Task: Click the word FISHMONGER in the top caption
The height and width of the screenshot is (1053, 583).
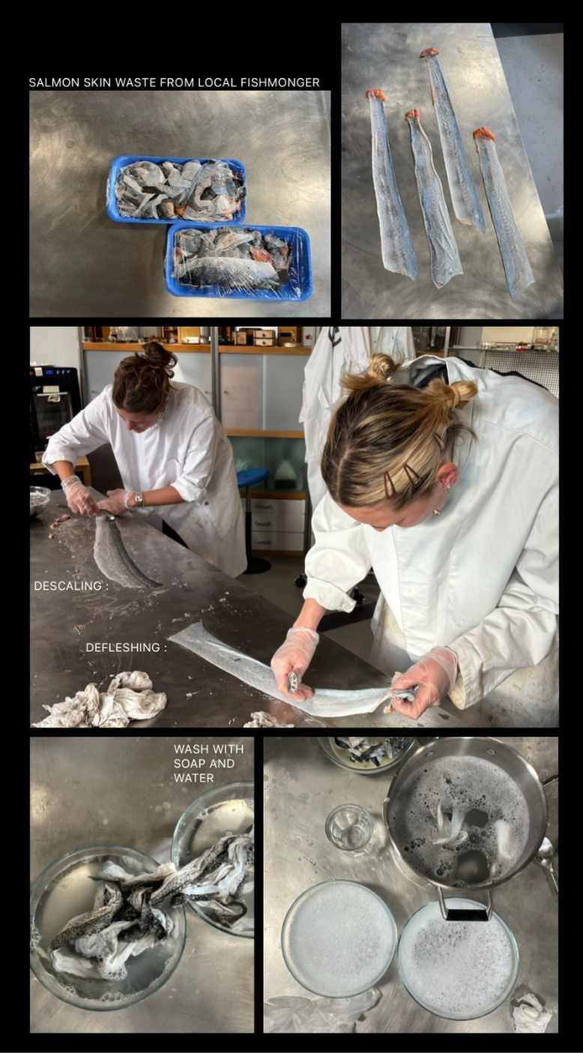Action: pos(280,82)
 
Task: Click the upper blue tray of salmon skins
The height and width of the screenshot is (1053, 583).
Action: pos(176,189)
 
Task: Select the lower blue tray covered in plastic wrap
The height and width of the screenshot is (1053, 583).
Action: pos(238,262)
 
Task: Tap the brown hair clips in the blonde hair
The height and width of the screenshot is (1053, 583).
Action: pos(402,479)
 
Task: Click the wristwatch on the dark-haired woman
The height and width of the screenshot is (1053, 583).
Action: pos(138,498)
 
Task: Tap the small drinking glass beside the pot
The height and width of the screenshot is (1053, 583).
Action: pos(349,828)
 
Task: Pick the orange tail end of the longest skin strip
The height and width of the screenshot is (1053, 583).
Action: pos(429,52)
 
